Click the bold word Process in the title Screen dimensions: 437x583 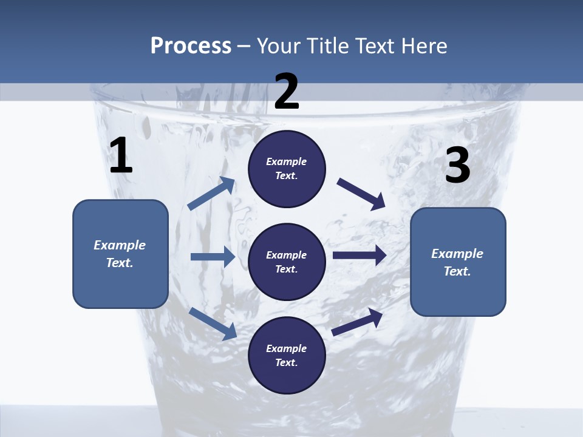[191, 46]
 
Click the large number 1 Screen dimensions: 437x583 [121, 156]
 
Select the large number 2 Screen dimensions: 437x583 [287, 92]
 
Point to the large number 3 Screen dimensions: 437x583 [457, 166]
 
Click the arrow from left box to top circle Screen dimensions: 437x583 [211, 194]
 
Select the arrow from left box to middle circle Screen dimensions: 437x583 [213, 257]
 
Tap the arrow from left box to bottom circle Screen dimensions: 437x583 [213, 323]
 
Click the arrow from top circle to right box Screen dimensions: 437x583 [361, 194]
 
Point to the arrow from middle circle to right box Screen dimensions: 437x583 [360, 256]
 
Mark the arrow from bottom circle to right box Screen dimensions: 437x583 [358, 322]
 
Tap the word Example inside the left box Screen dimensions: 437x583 [120, 245]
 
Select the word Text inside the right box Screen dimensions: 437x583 [457, 271]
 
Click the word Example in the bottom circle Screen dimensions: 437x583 [287, 348]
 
